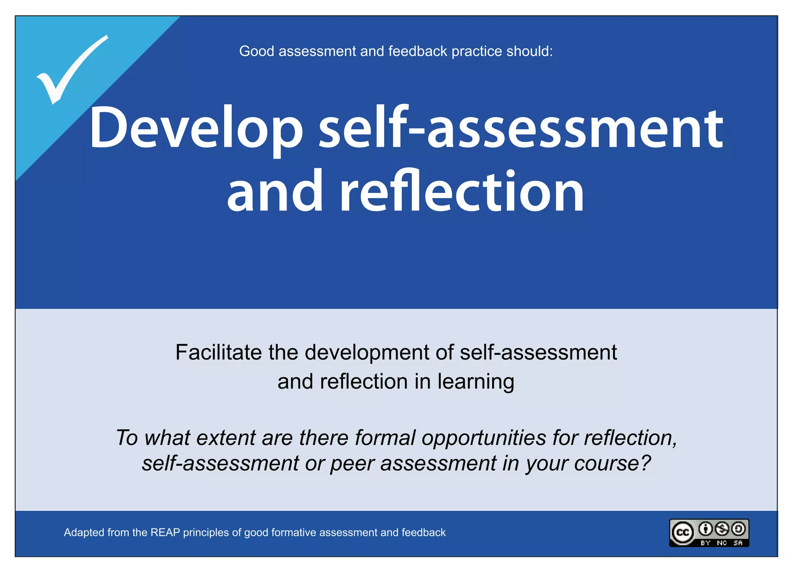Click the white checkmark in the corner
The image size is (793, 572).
(x=70, y=72)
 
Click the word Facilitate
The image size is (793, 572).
(x=219, y=352)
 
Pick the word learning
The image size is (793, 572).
(x=476, y=382)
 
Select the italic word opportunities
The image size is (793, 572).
(x=484, y=438)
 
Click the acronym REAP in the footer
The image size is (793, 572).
(x=165, y=532)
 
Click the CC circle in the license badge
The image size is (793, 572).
(x=683, y=532)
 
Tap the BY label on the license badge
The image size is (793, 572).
(x=705, y=543)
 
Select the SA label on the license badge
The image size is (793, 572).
(x=738, y=543)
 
